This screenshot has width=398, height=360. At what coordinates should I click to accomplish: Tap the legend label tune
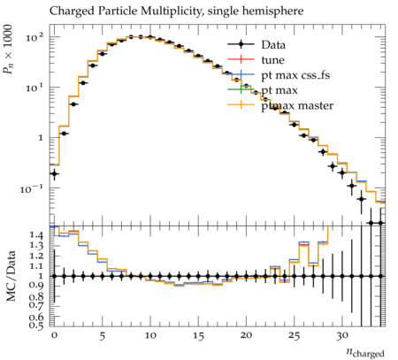[272, 60]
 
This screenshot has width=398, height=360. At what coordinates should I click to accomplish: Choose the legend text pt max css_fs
[295, 75]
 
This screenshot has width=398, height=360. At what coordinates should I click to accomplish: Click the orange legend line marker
[241, 104]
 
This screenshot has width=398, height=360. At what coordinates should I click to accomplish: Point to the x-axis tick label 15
[198, 336]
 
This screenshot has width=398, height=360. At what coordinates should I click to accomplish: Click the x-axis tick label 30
[342, 336]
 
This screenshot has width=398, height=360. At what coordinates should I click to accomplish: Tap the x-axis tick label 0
[54, 336]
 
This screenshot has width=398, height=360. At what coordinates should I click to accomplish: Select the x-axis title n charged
[365, 352]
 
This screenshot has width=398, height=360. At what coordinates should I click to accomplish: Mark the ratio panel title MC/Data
[11, 276]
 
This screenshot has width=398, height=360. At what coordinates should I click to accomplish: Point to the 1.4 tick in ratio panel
[37, 235]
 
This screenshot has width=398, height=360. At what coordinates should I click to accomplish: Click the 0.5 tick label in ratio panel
[37, 326]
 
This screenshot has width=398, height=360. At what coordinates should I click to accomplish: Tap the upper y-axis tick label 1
[40, 138]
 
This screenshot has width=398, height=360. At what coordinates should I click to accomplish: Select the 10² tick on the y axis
[34, 37]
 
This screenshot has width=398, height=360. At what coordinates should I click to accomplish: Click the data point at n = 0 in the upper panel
[54, 173]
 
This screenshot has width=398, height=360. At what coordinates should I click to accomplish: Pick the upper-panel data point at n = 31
[351, 186]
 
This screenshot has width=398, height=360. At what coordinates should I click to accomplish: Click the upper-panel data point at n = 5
[103, 54]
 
